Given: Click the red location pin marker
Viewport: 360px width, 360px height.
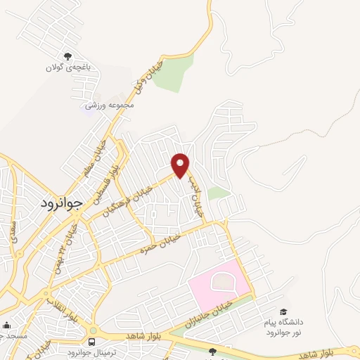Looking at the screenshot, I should [x=181, y=165].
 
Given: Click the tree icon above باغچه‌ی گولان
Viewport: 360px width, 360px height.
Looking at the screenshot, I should [x=68, y=56].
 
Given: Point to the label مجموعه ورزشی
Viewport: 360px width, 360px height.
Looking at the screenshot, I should [x=109, y=105].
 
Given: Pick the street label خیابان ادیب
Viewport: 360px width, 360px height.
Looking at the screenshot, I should [x=195, y=195].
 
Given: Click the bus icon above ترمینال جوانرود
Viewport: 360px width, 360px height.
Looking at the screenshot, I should [x=92, y=342].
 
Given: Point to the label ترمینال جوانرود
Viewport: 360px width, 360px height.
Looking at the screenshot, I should [x=92, y=352].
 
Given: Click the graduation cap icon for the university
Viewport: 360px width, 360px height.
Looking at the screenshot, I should [x=283, y=312].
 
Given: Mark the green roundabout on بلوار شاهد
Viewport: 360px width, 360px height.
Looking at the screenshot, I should [x=93, y=329].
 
